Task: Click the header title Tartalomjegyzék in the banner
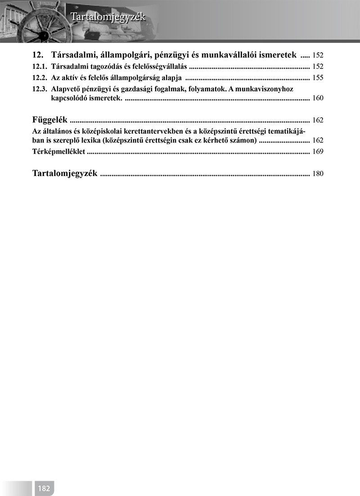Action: (x=108, y=18)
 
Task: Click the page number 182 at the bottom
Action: (x=44, y=488)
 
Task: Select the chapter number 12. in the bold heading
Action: (x=39, y=55)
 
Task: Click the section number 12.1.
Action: (x=40, y=67)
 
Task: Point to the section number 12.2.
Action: (x=40, y=77)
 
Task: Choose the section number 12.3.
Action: (x=40, y=89)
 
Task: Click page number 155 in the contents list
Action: (x=318, y=78)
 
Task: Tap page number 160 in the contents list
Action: (x=318, y=98)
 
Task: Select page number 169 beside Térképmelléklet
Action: (x=318, y=152)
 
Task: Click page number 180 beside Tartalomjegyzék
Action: (x=318, y=174)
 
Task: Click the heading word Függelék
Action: (x=50, y=120)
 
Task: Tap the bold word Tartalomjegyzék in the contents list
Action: (x=65, y=173)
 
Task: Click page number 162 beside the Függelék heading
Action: (x=318, y=120)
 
